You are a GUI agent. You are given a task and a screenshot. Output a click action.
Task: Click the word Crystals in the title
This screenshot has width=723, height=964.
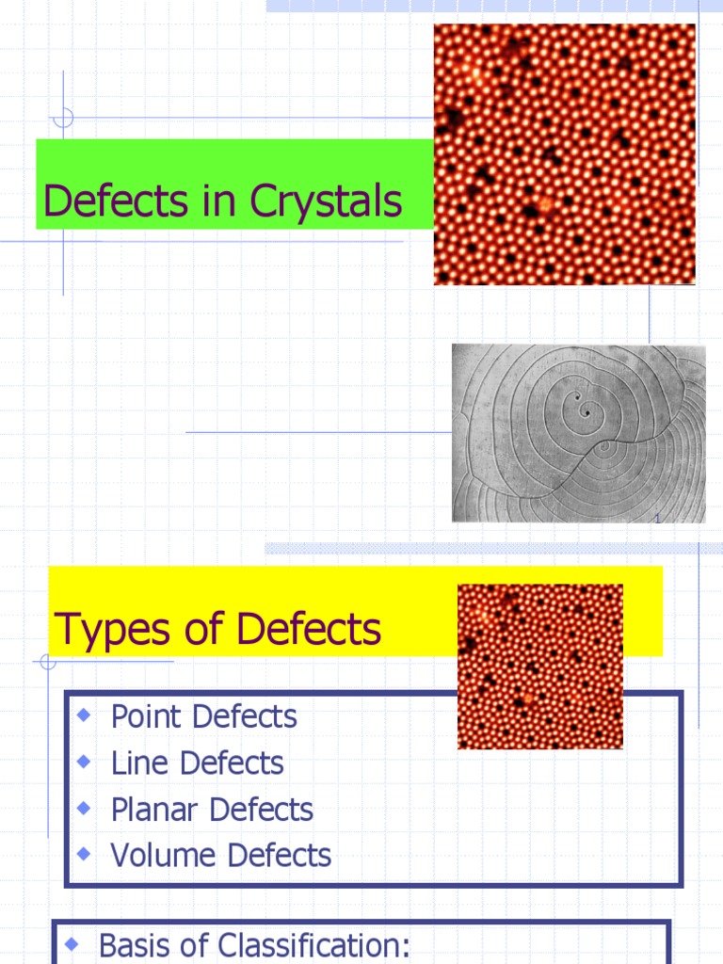click(326, 201)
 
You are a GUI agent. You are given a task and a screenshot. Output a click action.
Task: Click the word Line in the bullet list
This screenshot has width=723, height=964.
click(132, 763)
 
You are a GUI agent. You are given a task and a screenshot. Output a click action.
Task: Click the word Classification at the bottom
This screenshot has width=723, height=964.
click(314, 945)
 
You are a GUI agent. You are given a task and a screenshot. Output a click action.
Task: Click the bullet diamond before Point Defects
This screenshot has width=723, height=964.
click(84, 715)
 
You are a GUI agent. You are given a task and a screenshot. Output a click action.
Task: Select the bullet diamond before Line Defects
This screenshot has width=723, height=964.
click(84, 762)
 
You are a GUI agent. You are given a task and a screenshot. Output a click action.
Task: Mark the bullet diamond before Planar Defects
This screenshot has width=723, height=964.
click(84, 808)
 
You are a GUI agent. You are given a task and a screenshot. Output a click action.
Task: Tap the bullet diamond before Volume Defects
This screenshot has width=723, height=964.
click(84, 854)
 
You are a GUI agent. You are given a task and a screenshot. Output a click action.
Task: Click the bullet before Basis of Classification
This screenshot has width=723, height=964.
click(71, 943)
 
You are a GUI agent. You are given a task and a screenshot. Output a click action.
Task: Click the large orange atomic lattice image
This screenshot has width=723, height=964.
click(564, 154)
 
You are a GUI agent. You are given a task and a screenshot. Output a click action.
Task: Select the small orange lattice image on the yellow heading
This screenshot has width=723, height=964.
click(539, 667)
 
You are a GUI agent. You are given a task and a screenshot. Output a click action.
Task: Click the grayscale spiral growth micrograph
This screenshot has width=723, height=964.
click(578, 433)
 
